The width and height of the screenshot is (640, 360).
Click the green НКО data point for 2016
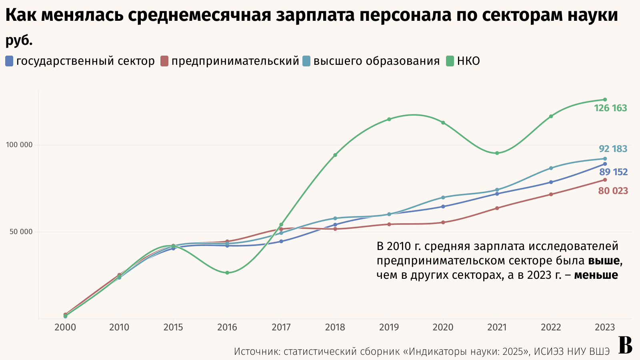(x=227, y=273)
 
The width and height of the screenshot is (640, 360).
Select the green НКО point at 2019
(x=389, y=119)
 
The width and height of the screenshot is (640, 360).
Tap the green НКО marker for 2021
(x=497, y=153)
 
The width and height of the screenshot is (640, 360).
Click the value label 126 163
(x=610, y=108)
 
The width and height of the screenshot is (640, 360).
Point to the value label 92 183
(x=613, y=149)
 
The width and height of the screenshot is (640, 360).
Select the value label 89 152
(x=613, y=172)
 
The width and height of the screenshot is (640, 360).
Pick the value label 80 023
(x=613, y=191)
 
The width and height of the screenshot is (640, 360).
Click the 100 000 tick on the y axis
(x=19, y=145)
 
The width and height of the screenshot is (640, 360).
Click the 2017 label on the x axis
(x=281, y=328)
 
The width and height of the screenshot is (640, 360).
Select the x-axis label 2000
(x=65, y=328)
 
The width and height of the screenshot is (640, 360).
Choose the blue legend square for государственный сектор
(x=9, y=61)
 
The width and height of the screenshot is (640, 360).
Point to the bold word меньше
(x=596, y=275)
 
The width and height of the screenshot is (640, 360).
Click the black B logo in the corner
(x=625, y=346)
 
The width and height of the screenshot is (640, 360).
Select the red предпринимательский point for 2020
(x=443, y=222)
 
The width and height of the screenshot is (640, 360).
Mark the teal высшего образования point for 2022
(x=551, y=168)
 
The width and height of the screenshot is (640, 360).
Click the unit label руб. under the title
(x=19, y=41)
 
